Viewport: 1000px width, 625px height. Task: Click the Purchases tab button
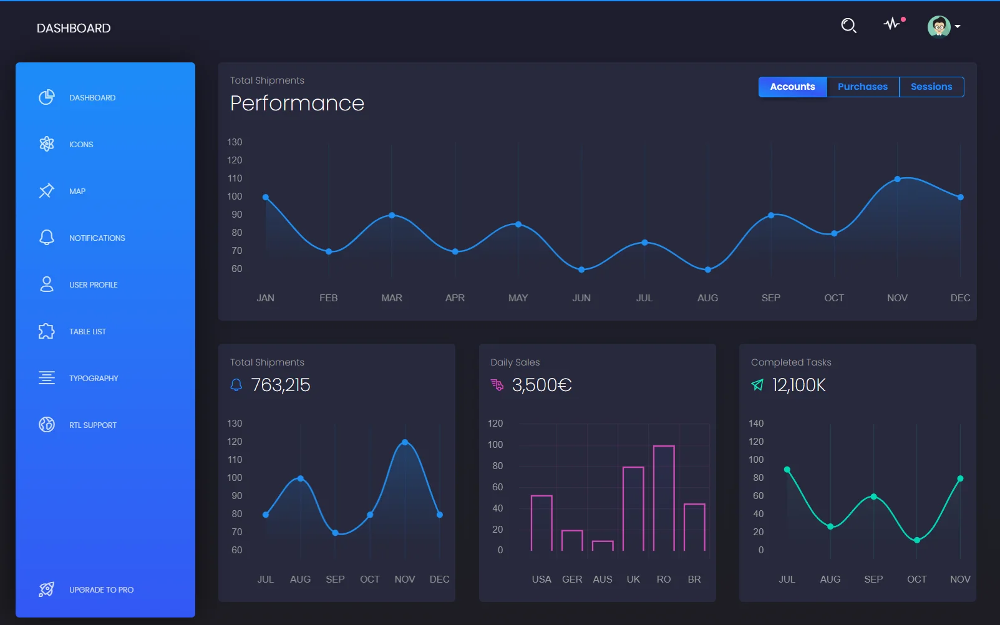click(862, 87)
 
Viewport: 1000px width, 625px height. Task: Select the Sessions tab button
click(931, 87)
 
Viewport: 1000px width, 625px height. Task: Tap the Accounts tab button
click(792, 87)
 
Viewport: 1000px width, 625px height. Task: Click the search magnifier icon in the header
click(848, 26)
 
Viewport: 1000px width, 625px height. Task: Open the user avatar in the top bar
click(939, 26)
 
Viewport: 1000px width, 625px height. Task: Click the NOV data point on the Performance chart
click(897, 179)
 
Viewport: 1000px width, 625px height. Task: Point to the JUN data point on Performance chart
click(581, 269)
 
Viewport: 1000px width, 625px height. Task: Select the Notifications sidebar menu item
click(97, 238)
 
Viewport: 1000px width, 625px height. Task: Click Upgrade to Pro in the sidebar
click(101, 589)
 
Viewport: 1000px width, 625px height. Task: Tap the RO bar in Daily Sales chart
click(664, 498)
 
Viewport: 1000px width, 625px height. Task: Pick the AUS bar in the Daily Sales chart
click(603, 546)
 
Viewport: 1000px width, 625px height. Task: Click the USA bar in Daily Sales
click(541, 523)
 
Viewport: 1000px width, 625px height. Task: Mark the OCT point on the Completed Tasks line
click(916, 540)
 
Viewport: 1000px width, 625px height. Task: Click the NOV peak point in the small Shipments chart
click(405, 442)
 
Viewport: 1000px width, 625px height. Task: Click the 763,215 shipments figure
click(280, 385)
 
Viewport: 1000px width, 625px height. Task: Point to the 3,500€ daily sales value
click(541, 385)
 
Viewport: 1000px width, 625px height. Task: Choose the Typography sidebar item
click(94, 378)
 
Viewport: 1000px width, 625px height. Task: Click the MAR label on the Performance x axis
click(392, 298)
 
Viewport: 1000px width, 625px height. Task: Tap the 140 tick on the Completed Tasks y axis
click(755, 424)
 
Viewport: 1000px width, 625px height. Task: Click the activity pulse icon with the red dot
click(892, 24)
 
